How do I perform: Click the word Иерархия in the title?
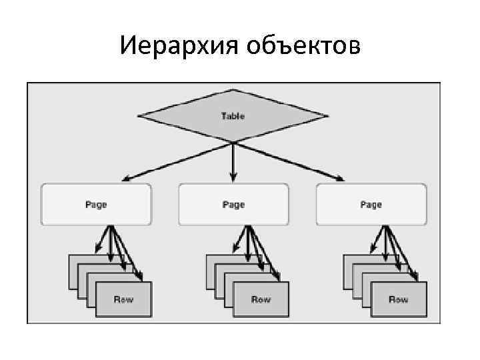pyautogui.click(x=179, y=46)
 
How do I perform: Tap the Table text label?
pyautogui.click(x=233, y=116)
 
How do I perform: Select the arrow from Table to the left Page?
pyautogui.click(x=177, y=161)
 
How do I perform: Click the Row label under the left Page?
pyautogui.click(x=123, y=299)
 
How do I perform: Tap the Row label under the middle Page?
pyautogui.click(x=261, y=299)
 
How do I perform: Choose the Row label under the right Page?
pyautogui.click(x=398, y=299)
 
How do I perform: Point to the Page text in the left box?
pyautogui.click(x=96, y=205)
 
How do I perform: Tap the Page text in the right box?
pyautogui.click(x=371, y=205)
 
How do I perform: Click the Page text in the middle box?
pyautogui.click(x=233, y=205)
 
